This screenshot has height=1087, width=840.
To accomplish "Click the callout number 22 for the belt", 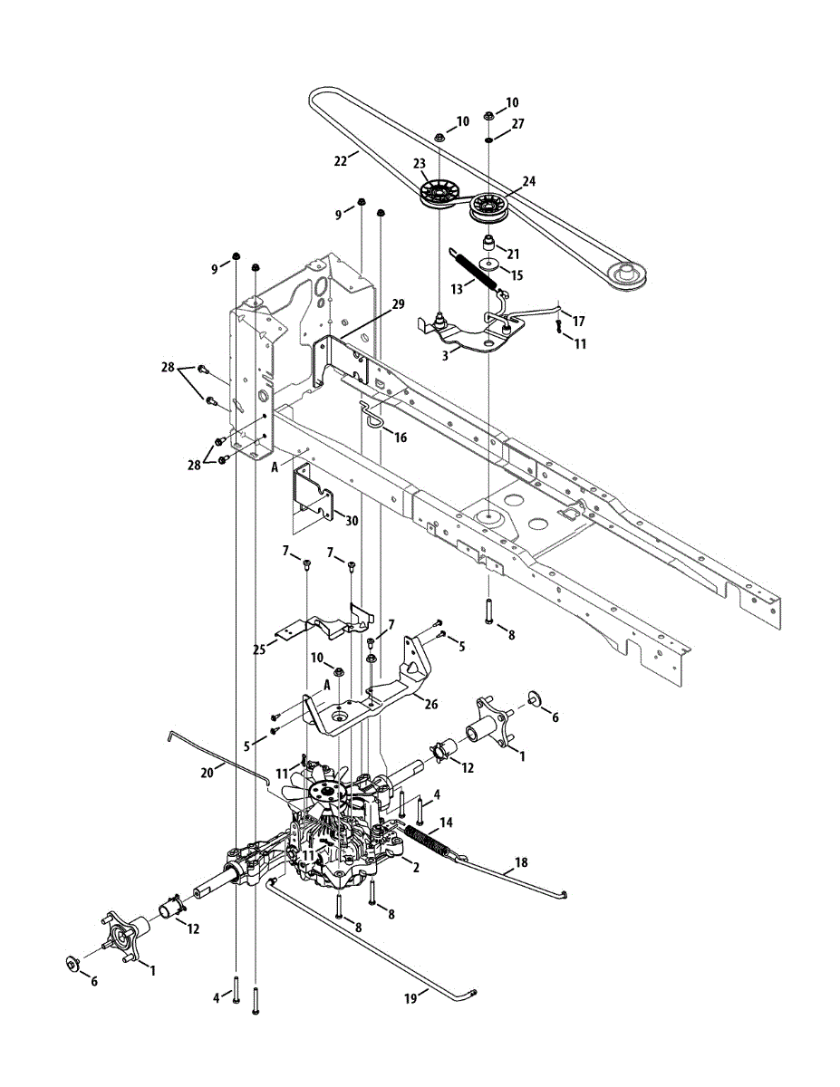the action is point(341,160).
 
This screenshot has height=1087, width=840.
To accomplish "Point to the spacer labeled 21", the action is point(488,244).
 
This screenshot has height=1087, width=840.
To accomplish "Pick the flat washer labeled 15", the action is point(489,265).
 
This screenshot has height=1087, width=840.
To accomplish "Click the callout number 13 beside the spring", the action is point(458,287).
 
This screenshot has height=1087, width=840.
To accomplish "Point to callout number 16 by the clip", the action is point(400,438).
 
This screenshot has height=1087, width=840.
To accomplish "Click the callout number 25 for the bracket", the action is point(259,649).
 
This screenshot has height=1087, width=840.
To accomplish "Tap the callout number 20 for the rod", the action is point(208,772).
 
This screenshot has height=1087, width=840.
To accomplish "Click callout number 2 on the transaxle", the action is point(414,867).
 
